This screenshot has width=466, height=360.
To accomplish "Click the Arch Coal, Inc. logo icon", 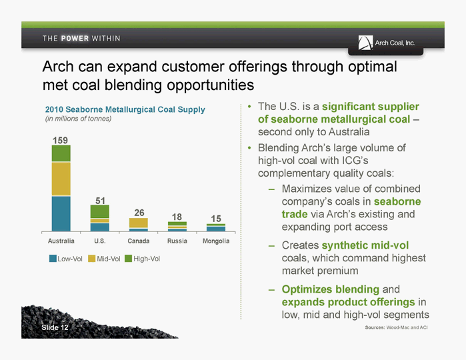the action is coord(365,43).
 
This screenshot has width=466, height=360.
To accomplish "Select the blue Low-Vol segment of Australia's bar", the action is coord(61,213).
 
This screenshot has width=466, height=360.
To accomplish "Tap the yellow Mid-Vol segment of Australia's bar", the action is coord(61,179).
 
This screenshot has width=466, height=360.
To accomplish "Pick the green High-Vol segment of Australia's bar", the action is coord(61,153).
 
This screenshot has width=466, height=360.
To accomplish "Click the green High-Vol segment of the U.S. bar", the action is coord(100,211).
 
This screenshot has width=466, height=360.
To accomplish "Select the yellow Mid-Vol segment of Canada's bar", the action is coord(139,223).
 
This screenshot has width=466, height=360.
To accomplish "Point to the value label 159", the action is coord(60,140).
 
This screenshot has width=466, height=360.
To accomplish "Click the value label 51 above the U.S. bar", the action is coord(100,201).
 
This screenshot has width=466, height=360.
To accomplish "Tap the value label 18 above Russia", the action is coord(177,217).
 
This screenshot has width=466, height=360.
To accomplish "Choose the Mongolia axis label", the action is coord(216,241).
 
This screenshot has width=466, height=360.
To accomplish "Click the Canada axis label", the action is coord(139,241).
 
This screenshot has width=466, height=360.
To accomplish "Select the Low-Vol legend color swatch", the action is coord(53,259).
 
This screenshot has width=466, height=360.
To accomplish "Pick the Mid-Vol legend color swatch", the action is coord(91,259).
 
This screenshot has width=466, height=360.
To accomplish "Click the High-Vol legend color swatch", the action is coord(128,259).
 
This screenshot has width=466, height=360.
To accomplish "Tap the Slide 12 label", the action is coord(55,327).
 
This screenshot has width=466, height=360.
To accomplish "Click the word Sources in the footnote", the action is coord(375,327).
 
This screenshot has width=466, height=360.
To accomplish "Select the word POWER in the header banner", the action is coord(75,39).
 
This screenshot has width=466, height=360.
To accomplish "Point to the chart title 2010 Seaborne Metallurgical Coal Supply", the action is coord(125,109).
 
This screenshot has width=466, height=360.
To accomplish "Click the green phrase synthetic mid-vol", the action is coord(365,245).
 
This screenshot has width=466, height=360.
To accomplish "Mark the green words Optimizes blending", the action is coord(331,289).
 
